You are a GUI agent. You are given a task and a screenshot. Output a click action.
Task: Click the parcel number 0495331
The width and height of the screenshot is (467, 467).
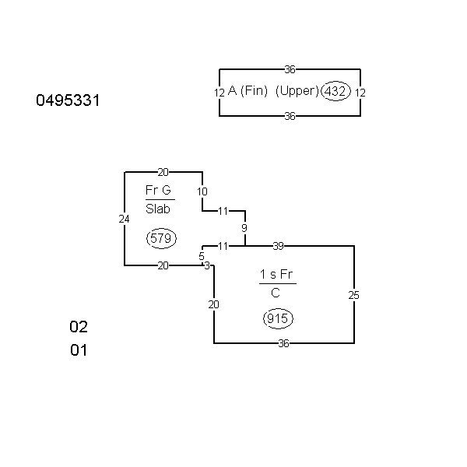click(68, 100)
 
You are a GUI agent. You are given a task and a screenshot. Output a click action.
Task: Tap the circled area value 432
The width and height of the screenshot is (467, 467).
click(335, 91)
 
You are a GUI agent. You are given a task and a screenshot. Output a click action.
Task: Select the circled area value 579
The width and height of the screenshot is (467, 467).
click(160, 238)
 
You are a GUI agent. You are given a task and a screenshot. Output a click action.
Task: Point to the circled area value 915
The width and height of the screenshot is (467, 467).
click(278, 318)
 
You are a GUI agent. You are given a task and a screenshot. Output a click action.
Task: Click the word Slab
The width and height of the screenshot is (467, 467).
click(158, 209)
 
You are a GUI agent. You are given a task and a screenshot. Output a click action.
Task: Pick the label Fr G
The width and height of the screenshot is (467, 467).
click(158, 191)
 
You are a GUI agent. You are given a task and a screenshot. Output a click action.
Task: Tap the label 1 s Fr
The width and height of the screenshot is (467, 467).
click(277, 275)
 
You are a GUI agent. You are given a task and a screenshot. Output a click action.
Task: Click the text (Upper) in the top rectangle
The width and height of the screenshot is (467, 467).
click(297, 91)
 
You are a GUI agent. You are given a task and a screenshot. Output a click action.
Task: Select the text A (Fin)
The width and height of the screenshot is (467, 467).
click(248, 91)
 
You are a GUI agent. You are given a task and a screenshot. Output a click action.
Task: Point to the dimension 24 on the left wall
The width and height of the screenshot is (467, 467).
click(125, 219)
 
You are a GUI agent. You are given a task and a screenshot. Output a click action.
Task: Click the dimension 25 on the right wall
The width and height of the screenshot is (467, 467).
click(354, 295)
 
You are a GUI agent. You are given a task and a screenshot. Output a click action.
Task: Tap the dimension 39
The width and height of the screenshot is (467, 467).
click(278, 246)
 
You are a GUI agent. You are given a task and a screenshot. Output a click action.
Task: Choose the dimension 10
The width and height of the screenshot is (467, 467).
click(202, 191)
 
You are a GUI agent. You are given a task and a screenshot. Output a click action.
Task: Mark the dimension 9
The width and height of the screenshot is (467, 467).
click(244, 228)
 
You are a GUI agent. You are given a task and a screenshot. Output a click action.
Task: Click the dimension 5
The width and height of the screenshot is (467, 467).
click(202, 255)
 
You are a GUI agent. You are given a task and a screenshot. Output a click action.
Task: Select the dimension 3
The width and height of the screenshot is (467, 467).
click(207, 265)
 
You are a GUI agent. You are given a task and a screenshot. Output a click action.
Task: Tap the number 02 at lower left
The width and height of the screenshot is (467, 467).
click(79, 326)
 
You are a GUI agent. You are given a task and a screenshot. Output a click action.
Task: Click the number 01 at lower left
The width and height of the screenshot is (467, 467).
click(79, 350)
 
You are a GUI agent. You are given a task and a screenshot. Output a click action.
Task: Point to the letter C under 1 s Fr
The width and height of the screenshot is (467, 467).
click(276, 293)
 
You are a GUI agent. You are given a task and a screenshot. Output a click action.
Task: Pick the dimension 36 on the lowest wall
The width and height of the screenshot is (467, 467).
click(284, 343)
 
